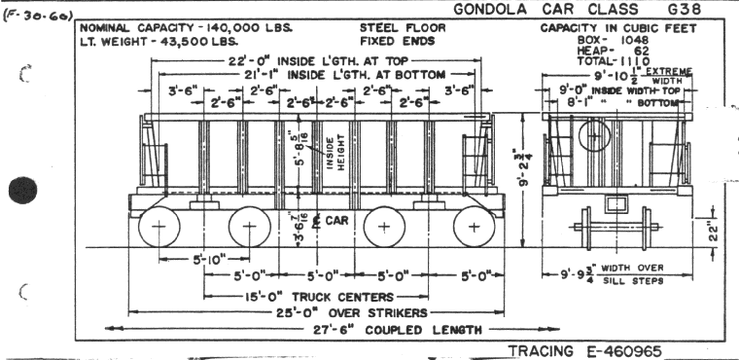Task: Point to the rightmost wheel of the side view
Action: (474, 229)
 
